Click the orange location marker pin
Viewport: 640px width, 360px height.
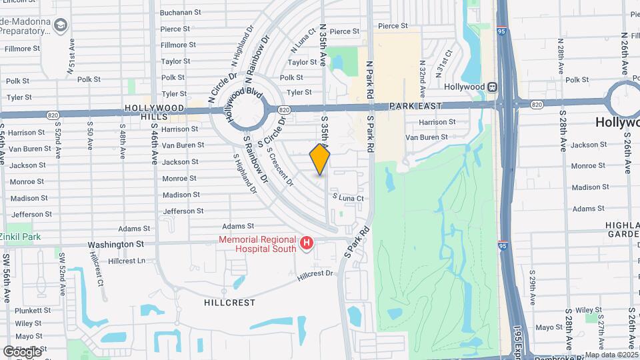[320, 159]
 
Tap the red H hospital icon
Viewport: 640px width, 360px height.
[306, 244]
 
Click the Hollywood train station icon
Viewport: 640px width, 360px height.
[492, 87]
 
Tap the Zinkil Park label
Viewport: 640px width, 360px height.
[21, 237]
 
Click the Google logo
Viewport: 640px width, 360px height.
[22, 351]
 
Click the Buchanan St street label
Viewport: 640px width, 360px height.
[181, 12]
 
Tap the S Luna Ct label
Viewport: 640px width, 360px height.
[348, 198]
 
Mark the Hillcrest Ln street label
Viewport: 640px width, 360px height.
[127, 261]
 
